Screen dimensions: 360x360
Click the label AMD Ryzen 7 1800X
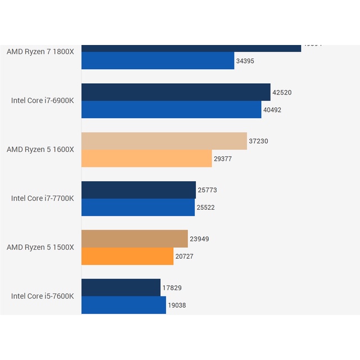tap(40, 52)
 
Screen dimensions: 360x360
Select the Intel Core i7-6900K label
tap(43, 101)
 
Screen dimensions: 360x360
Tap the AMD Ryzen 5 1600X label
tap(40, 150)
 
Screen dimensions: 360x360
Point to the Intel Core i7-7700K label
tap(43, 198)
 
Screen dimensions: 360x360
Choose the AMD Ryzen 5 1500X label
tap(40, 247)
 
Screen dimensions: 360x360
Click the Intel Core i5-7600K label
tap(43, 296)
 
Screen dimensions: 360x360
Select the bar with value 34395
tap(157, 61)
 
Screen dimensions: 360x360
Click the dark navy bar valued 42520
tap(175, 92)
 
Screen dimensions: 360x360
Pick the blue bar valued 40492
tap(171, 110)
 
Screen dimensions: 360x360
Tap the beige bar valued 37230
tap(164, 141)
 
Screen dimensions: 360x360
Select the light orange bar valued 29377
tap(146, 159)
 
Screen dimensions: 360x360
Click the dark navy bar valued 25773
tap(138, 190)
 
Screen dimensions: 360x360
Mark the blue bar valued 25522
tap(138, 208)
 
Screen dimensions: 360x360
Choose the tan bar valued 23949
tap(134, 239)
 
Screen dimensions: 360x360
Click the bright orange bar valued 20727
tap(127, 256)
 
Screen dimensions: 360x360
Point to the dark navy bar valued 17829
tap(121, 287)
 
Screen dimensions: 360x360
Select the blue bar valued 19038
tap(124, 305)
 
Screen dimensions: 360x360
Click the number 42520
tap(282, 93)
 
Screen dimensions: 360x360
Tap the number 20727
tap(185, 256)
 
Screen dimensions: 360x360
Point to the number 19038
tap(177, 305)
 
